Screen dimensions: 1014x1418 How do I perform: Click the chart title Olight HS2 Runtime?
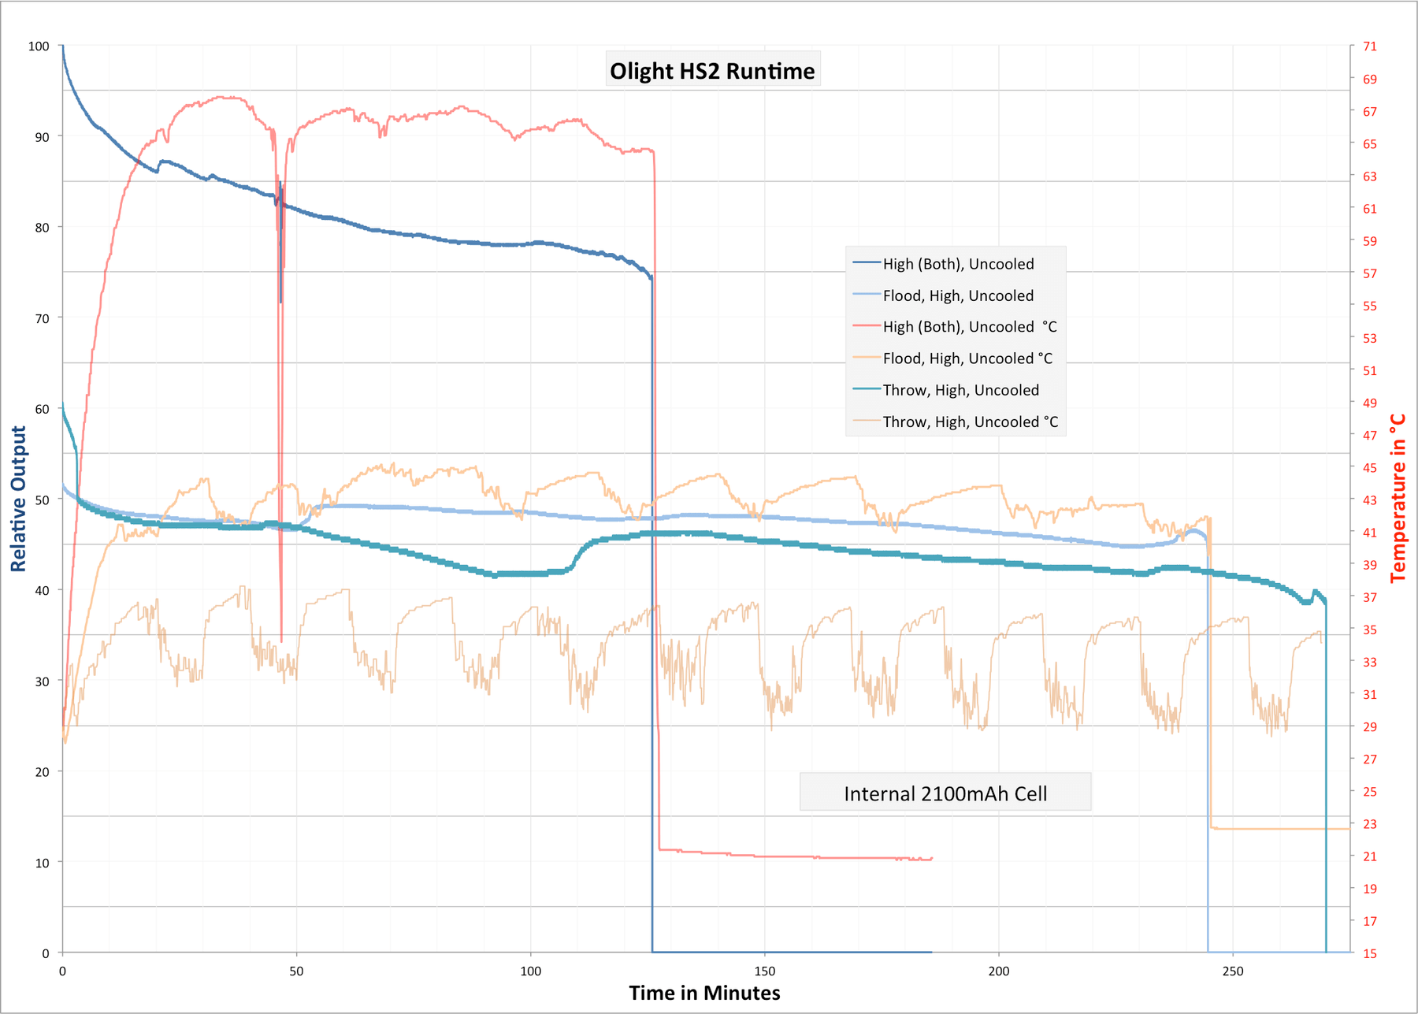(712, 71)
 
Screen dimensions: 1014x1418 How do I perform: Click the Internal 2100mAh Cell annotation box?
(945, 793)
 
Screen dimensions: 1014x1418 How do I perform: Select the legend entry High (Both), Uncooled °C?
(969, 327)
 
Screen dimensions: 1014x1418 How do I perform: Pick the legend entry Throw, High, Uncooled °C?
(970, 422)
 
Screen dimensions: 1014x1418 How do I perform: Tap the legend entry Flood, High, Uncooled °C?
(967, 358)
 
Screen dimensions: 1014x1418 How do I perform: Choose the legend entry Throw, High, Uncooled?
(960, 391)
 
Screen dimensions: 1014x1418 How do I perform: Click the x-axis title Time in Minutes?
(704, 993)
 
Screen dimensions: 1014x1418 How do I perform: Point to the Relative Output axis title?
(18, 499)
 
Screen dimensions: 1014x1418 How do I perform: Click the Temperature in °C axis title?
(1398, 499)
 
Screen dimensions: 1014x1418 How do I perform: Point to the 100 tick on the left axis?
(39, 46)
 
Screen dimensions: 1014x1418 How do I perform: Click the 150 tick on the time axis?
(764, 971)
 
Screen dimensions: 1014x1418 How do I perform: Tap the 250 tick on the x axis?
(1232, 971)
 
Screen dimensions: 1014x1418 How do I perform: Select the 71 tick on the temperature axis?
(1370, 46)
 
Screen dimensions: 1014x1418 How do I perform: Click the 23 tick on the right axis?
(1370, 824)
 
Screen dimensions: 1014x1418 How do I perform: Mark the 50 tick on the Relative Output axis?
(42, 500)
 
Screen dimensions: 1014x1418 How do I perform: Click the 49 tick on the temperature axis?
(1370, 403)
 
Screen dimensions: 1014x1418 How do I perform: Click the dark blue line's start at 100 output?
(63, 47)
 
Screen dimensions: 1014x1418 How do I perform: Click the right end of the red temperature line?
(932, 858)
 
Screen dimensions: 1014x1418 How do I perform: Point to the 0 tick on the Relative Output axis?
(45, 953)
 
